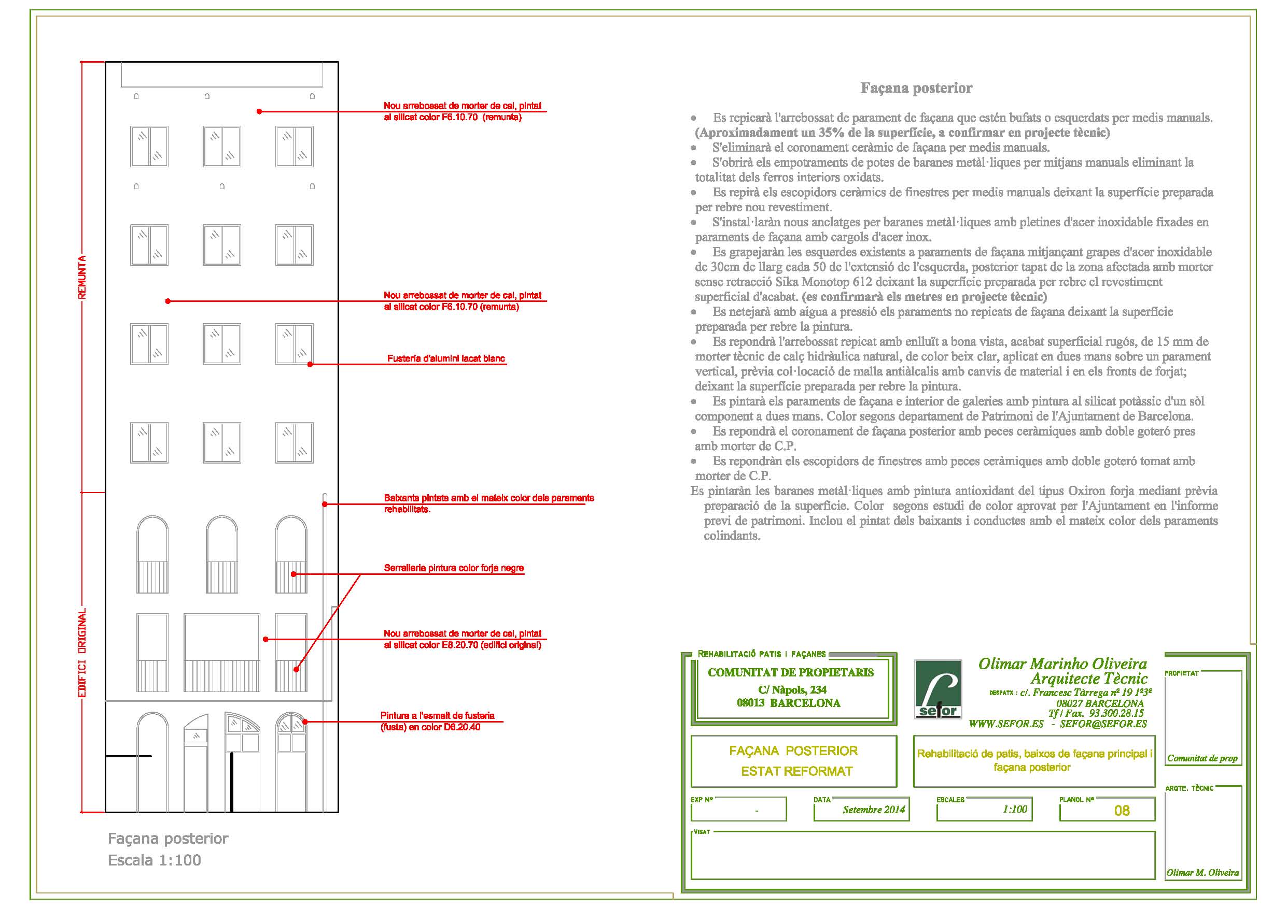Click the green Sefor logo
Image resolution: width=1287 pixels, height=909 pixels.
(938, 689)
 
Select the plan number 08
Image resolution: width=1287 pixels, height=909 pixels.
(1122, 811)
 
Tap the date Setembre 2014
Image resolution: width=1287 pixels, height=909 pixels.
(874, 810)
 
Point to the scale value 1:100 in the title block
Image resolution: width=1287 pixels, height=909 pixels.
(1015, 809)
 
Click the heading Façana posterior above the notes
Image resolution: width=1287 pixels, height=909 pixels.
(916, 88)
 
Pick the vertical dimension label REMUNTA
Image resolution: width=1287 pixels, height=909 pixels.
(82, 277)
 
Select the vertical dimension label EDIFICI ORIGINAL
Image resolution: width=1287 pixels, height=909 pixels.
(82, 654)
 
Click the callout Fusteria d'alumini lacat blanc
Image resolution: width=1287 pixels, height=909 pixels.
(446, 358)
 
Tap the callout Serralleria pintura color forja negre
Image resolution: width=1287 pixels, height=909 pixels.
(454, 568)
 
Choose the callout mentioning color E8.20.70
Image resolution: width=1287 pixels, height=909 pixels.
(463, 639)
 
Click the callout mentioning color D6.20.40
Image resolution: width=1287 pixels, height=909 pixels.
(438, 721)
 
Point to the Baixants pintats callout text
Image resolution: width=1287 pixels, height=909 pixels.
(489, 503)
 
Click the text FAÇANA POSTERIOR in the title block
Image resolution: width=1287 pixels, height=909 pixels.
(793, 751)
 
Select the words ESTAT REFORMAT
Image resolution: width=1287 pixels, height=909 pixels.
(796, 771)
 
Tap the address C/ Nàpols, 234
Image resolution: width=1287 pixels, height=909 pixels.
(792, 689)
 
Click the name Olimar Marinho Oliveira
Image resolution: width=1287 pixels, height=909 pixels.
(1063, 663)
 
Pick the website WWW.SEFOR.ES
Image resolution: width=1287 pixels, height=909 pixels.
(1006, 724)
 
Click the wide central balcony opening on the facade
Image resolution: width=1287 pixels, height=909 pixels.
(222, 653)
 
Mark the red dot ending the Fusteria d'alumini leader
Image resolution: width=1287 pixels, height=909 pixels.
(310, 365)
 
